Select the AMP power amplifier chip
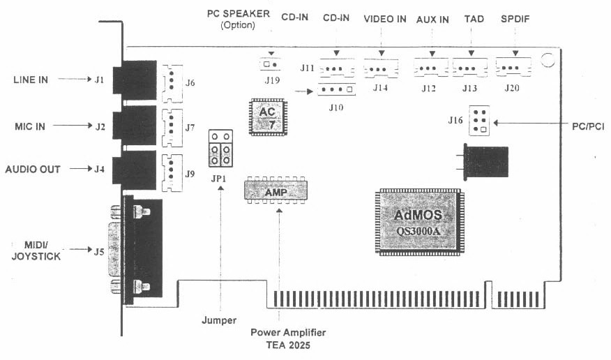pyautogui.click(x=277, y=190)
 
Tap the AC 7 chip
pyautogui.click(x=267, y=117)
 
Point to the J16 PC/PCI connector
pyautogui.click(x=478, y=122)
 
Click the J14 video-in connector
pyautogui.click(x=380, y=69)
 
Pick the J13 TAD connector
pyautogui.click(x=470, y=69)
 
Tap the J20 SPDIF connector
pyautogui.click(x=514, y=68)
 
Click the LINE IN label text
pyautogui.click(x=31, y=80)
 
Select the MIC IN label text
pyautogui.click(x=31, y=126)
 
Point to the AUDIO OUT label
pyautogui.click(x=33, y=169)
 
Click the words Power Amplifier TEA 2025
pyautogui.click(x=288, y=338)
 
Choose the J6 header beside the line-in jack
pyautogui.click(x=171, y=83)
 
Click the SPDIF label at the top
pyautogui.click(x=515, y=20)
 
